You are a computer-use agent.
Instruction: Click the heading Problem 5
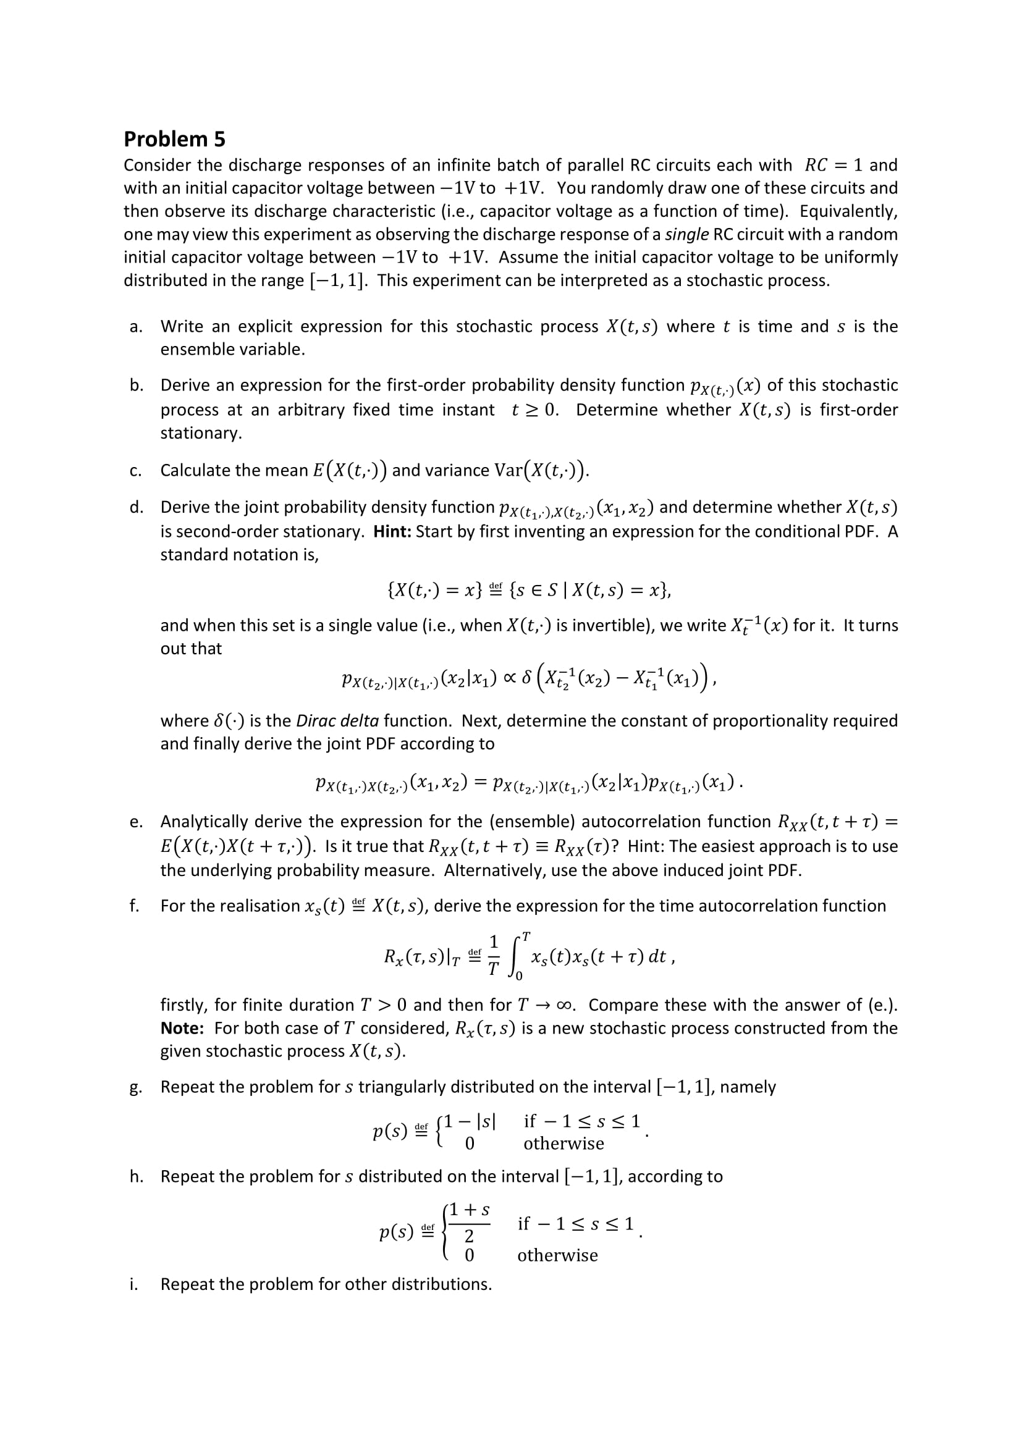click(174, 139)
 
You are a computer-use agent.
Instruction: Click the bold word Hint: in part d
click(392, 532)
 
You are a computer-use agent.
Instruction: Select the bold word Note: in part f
click(182, 1029)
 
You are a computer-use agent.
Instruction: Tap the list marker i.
click(133, 1284)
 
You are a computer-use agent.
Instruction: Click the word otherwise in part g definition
click(564, 1144)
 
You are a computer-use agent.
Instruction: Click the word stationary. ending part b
click(201, 434)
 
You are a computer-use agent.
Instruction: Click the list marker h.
click(135, 1177)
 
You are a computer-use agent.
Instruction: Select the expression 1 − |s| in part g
click(470, 1121)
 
